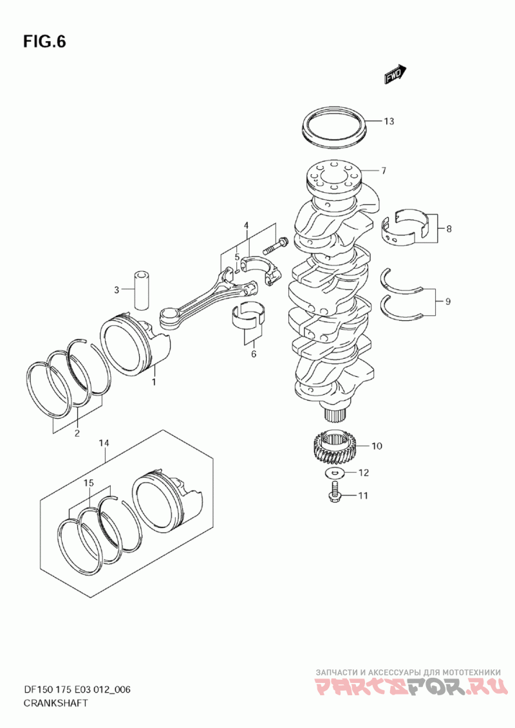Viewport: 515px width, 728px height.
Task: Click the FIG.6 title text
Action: [x=44, y=42]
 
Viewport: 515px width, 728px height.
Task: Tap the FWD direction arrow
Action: [x=394, y=75]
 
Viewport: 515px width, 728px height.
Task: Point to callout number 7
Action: [x=383, y=171]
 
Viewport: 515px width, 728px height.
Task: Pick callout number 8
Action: [x=449, y=228]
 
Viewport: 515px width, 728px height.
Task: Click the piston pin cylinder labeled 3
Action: [x=142, y=287]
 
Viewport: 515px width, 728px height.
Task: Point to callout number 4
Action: [x=246, y=225]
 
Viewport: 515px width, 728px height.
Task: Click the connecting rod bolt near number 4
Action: [x=276, y=245]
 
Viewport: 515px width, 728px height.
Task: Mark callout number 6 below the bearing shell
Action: [x=253, y=353]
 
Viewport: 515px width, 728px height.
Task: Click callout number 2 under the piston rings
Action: [x=77, y=433]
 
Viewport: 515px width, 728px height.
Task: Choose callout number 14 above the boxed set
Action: [x=104, y=443]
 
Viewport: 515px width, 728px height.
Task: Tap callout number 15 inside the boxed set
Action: [x=89, y=482]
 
